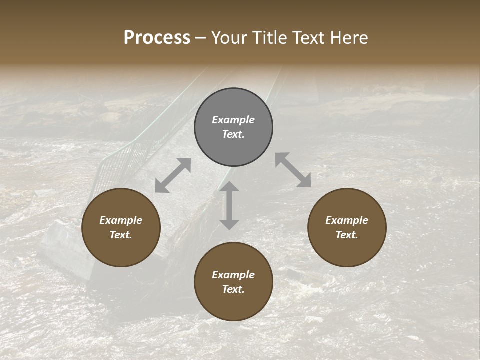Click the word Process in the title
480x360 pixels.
coord(157,38)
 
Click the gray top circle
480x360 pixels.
coord(233,127)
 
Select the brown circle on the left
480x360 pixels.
coord(121,227)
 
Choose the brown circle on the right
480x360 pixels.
coord(347,227)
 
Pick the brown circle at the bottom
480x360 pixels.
coord(233,282)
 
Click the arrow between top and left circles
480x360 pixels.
coord(173,175)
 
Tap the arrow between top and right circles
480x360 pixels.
coord(293,170)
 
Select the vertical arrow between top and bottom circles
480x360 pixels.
coord(229,205)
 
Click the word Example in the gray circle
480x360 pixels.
coord(233,120)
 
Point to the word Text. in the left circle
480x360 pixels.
coord(121,235)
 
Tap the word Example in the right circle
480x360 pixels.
coord(347,220)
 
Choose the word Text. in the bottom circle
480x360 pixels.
coord(233,289)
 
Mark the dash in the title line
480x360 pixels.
coord(201,38)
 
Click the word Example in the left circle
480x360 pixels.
coord(121,220)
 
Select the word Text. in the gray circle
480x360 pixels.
coord(233,134)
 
